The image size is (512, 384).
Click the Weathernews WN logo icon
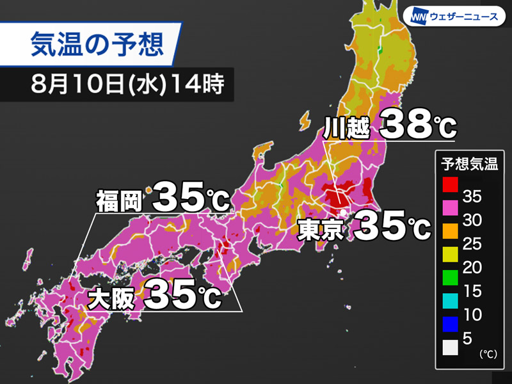[x=420, y=17]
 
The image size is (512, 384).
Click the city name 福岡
[x=120, y=200]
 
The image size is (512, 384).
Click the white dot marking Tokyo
[x=343, y=212]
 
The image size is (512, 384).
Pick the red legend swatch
[x=450, y=186]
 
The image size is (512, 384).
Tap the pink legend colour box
[x=450, y=209]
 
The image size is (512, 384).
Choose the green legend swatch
[x=450, y=278]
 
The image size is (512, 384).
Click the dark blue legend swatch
[x=450, y=324]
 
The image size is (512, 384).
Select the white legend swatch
[x=450, y=347]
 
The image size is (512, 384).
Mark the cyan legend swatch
[x=450, y=301]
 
